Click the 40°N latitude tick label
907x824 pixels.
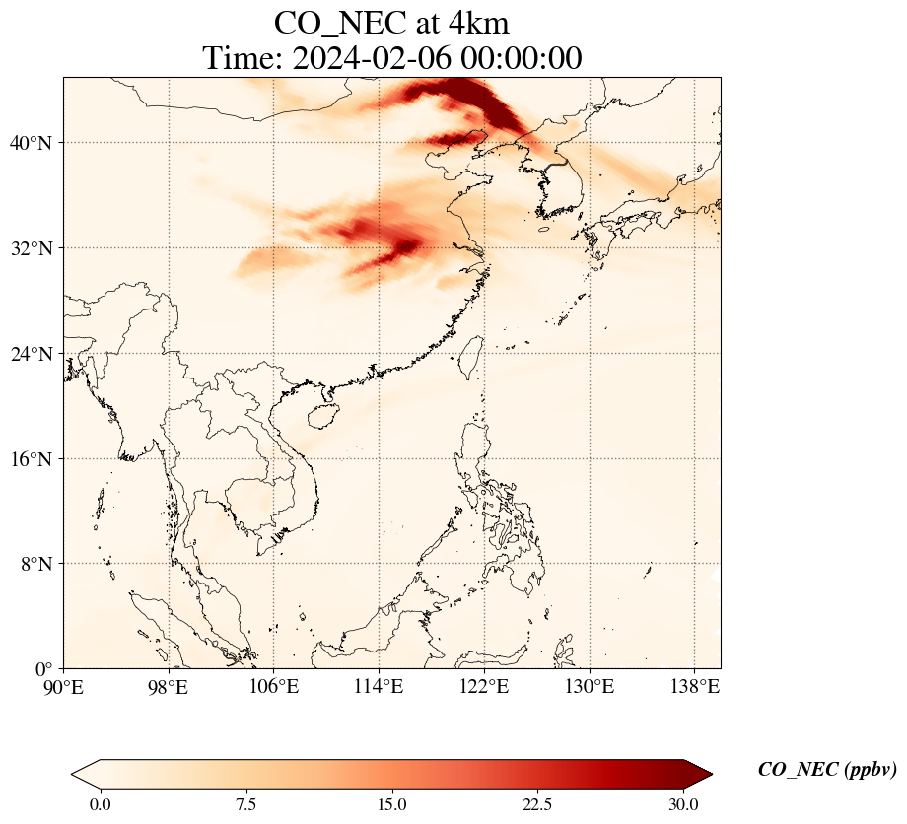coord(31,143)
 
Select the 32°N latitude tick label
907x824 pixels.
coord(31,248)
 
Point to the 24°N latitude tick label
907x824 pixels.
coord(31,354)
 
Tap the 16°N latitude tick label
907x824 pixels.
coord(31,459)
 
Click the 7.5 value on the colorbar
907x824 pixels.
coord(245,804)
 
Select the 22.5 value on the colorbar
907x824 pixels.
coord(538,804)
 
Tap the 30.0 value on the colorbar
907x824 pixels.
coord(684,804)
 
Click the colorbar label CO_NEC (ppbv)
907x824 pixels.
coord(827,770)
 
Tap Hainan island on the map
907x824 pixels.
coord(323,414)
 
